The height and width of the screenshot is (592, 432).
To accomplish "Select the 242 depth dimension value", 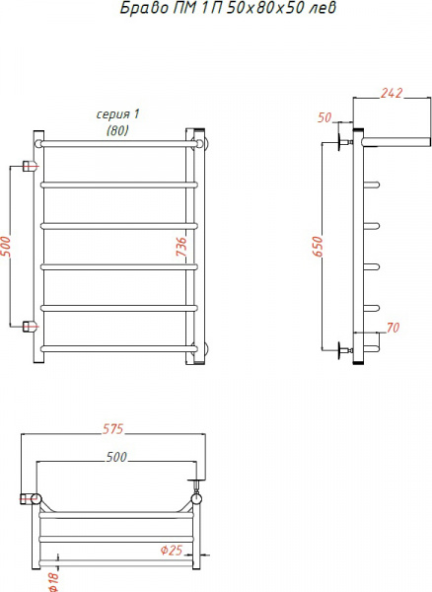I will coord(392,95).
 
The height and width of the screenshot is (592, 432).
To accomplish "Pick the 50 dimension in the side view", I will coord(325,117).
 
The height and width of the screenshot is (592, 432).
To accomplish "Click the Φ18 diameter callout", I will coord(51,581).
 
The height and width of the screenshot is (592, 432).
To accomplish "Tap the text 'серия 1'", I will coord(119,114).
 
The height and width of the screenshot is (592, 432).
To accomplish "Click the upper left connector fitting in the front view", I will coord(30,166).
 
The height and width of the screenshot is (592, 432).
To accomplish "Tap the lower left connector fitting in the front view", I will coord(30,324).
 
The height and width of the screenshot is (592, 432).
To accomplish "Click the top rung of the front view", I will coord(116,143).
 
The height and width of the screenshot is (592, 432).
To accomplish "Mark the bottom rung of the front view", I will coord(116,347).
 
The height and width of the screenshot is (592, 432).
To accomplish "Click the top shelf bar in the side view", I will coord(395,140).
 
